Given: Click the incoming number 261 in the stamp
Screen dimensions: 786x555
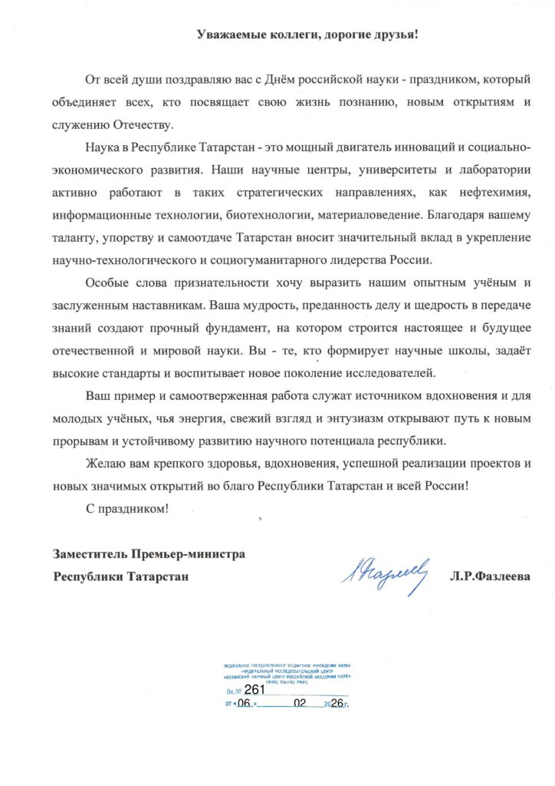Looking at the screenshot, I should click(254, 689).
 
